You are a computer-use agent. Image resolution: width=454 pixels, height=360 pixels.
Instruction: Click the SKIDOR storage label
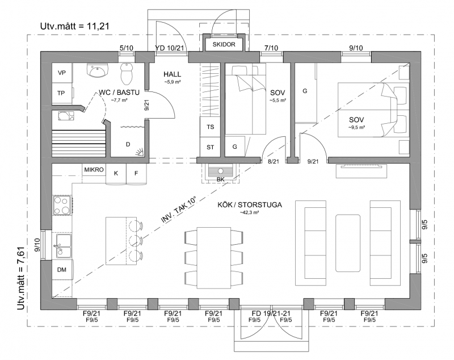224,45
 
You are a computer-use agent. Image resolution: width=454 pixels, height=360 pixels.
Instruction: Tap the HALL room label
172,74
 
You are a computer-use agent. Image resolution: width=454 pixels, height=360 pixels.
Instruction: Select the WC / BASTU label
119,93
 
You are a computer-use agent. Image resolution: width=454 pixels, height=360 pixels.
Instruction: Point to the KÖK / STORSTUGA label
250,205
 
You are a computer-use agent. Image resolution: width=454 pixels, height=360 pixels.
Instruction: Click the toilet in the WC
127,73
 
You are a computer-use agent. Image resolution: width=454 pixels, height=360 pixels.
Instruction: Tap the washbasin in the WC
97,70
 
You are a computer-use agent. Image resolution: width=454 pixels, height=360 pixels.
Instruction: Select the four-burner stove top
62,205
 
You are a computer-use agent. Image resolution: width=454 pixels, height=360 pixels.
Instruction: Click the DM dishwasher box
62,269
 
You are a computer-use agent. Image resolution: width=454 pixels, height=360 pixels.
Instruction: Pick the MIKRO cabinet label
94,170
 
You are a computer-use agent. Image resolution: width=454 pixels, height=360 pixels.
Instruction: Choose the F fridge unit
136,174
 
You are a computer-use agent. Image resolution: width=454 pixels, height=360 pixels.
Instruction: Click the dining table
214,258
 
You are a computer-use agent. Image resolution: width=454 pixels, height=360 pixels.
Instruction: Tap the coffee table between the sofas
348,243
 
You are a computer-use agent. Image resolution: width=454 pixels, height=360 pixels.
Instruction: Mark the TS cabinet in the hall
210,127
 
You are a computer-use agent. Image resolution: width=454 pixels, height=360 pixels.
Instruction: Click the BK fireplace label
221,179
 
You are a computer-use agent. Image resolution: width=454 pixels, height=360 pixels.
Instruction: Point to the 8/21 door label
274,162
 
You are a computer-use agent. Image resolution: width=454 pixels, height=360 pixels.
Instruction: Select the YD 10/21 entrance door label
169,48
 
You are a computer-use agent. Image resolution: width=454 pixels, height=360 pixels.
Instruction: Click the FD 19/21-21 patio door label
271,313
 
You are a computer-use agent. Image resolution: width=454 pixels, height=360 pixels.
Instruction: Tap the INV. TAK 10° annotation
179,210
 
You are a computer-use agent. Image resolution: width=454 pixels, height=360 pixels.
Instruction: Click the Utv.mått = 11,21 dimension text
75,26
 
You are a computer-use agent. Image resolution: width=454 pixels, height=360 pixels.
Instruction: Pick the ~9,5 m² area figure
356,127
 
